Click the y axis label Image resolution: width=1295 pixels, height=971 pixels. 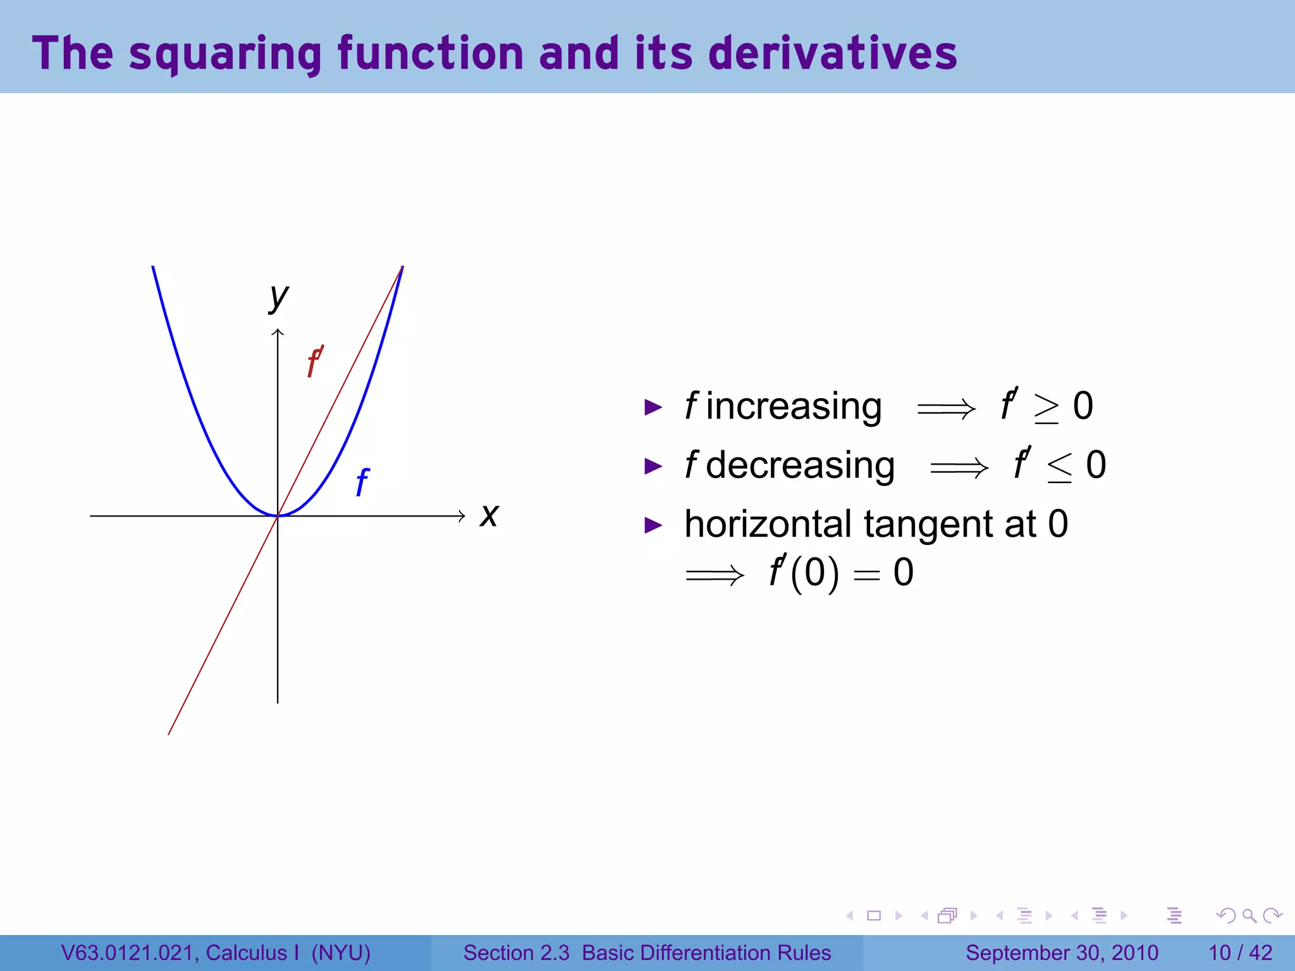[x=278, y=296]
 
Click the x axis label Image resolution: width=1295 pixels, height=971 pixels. [x=489, y=515]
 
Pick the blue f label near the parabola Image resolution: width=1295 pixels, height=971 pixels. [x=362, y=482]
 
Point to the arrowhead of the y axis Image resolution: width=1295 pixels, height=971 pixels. [x=278, y=332]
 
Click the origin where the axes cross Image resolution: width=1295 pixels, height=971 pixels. [x=278, y=516]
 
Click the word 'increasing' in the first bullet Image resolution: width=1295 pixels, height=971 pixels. [x=794, y=406]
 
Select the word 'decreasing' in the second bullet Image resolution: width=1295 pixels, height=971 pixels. [x=800, y=466]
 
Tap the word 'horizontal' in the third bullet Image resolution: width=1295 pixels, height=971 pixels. [x=768, y=524]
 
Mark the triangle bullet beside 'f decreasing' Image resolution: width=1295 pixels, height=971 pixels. [x=653, y=467]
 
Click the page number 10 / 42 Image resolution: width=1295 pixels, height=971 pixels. [x=1240, y=953]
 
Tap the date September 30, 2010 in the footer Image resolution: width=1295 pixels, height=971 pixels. [x=1062, y=953]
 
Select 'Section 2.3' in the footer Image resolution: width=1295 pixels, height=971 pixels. [x=516, y=953]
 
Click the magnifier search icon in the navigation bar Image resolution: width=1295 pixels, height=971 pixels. [x=1249, y=915]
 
